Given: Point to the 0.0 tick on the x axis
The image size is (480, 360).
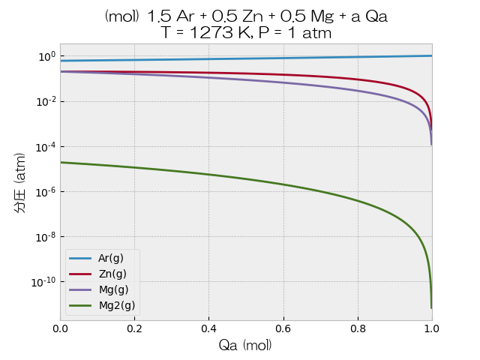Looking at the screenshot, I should (60, 328).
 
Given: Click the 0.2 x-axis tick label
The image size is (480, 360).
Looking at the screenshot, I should (134, 328).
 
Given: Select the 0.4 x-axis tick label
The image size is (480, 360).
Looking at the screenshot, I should (208, 328).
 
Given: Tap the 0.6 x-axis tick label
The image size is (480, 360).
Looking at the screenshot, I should (283, 328).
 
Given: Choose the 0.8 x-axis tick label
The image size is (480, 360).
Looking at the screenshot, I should (357, 328).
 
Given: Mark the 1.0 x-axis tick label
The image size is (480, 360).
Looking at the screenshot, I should (431, 328).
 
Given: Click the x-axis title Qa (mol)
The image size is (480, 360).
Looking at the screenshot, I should (245, 346).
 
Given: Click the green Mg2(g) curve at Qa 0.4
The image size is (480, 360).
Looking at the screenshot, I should (208, 174).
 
